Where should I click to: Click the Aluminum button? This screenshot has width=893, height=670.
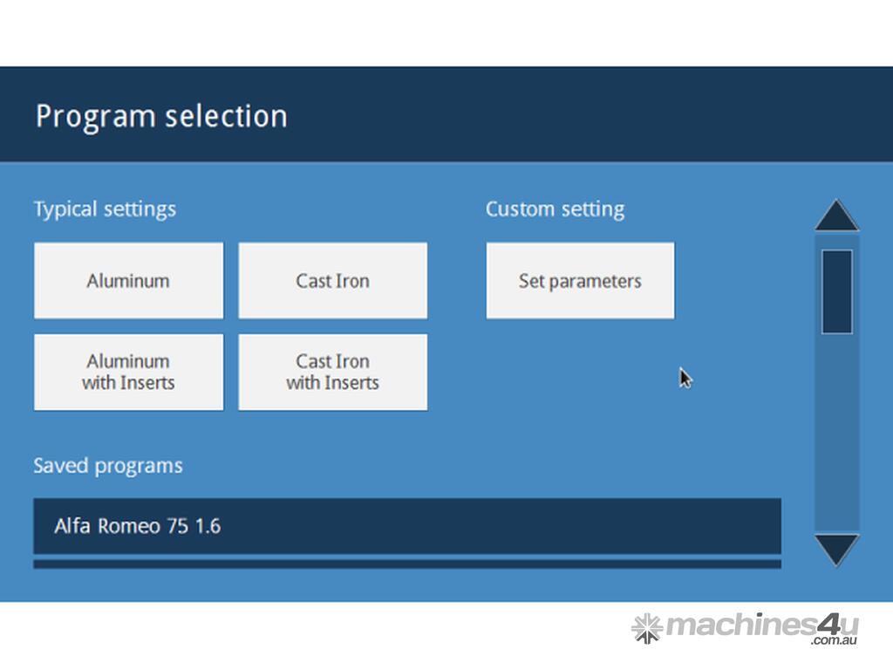pyautogui.click(x=129, y=280)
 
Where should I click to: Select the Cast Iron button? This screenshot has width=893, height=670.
pyautogui.click(x=332, y=280)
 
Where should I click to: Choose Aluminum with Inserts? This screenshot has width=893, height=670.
pyautogui.click(x=129, y=372)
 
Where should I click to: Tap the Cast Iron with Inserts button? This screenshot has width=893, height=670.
pyautogui.click(x=332, y=372)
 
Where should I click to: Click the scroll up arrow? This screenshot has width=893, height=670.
pyautogui.click(x=836, y=216)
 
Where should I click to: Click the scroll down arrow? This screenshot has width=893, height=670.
pyautogui.click(x=836, y=550)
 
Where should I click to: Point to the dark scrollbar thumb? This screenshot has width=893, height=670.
pyautogui.click(x=836, y=291)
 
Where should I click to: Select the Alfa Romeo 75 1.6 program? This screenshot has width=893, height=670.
pyautogui.click(x=407, y=526)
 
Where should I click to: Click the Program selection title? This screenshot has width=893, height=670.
pyautogui.click(x=161, y=117)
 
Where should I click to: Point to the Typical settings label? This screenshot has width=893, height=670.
pyautogui.click(x=105, y=209)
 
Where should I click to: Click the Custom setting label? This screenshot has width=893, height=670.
pyautogui.click(x=556, y=209)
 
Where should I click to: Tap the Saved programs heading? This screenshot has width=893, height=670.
pyautogui.click(x=108, y=466)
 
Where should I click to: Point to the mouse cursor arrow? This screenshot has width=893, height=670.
pyautogui.click(x=685, y=379)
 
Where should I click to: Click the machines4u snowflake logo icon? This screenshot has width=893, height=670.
pyautogui.click(x=647, y=628)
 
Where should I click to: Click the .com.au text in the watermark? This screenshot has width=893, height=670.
pyautogui.click(x=835, y=640)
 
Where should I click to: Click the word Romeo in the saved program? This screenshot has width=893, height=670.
pyautogui.click(x=129, y=526)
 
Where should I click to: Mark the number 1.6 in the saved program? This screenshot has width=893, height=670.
pyautogui.click(x=208, y=526)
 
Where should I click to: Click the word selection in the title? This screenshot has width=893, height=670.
pyautogui.click(x=226, y=116)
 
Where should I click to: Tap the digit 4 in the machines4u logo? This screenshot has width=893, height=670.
pyautogui.click(x=828, y=625)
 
